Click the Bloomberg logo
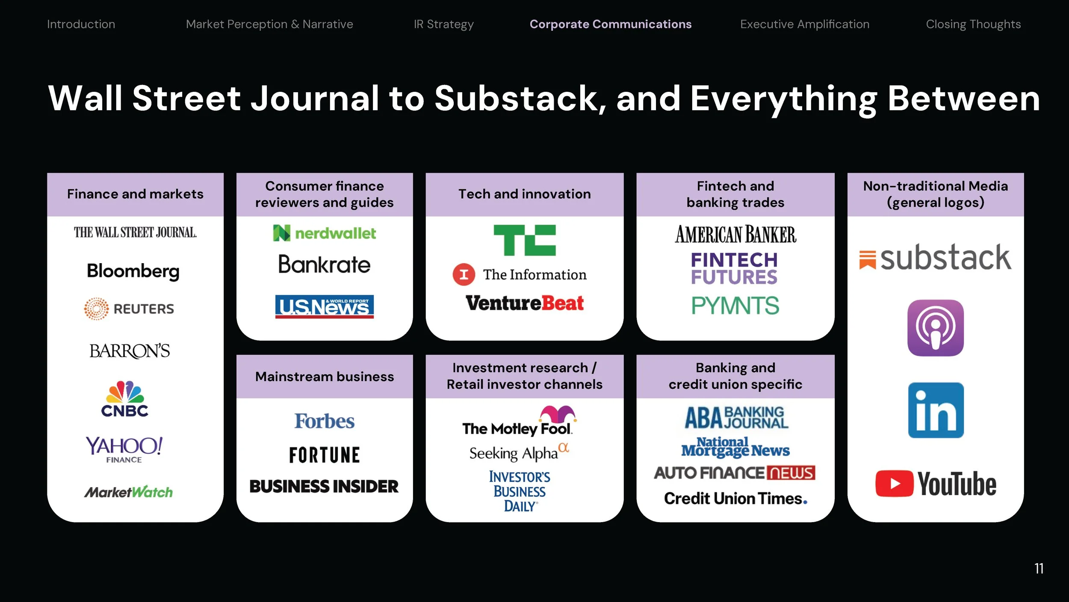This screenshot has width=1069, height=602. coord(133,271)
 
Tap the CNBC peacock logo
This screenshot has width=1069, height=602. coord(124,398)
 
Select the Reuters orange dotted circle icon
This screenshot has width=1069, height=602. coord(96,308)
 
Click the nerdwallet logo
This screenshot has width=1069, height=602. coord(325,233)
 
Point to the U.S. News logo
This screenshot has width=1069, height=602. coord(324,306)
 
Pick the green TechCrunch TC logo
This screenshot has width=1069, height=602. coord(525,240)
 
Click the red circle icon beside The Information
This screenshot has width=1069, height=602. coord(464,274)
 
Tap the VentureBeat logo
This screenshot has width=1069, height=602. coord(525,303)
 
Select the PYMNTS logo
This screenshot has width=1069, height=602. coord(735,305)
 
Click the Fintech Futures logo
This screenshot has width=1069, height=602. coord(734,268)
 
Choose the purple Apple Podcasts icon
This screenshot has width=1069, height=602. coord(936,328)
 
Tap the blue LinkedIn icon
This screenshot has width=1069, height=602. coord(936,410)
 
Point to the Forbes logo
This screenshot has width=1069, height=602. coord(325,421)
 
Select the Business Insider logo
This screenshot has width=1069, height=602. coord(324,486)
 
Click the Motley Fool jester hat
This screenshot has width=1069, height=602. coord(557,414)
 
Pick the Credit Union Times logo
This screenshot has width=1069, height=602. coord(735,498)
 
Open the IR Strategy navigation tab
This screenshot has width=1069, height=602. coord(443,24)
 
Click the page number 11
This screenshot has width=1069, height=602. coord(1039,568)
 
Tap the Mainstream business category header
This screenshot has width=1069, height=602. coord(325,376)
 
